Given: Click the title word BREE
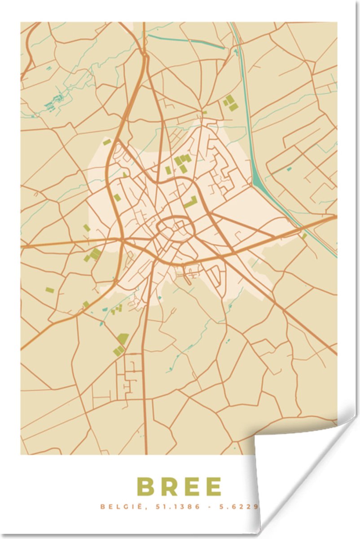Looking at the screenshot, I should [x=180, y=487].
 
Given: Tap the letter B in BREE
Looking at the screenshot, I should [x=145, y=487].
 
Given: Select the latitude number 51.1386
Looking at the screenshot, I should [x=173, y=507].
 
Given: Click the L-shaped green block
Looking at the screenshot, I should [x=191, y=202].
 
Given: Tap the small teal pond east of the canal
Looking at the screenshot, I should [x=289, y=169].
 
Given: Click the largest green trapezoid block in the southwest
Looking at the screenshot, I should [x=122, y=338].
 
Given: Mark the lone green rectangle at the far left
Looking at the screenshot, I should [x=50, y=290].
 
